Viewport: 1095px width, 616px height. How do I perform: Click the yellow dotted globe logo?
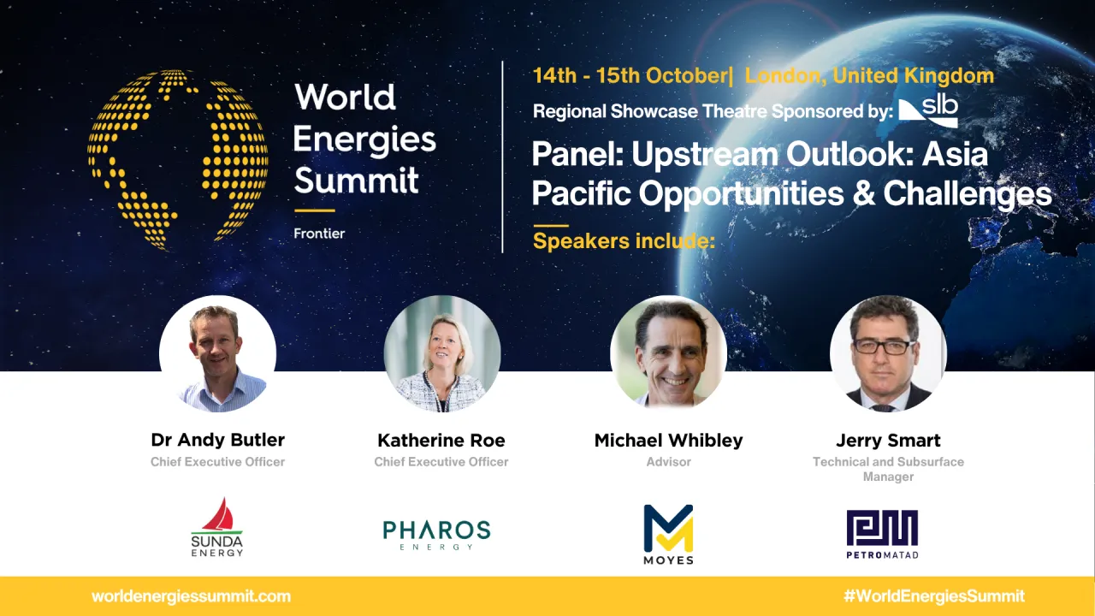(x=177, y=160)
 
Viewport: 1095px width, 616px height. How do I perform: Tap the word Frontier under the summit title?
(x=319, y=233)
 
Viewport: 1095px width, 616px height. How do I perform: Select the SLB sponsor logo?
(x=928, y=110)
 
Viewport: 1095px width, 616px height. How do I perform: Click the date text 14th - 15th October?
(x=629, y=75)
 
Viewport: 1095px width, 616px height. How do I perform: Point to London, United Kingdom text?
(x=869, y=75)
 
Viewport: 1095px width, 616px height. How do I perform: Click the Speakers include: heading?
(x=623, y=241)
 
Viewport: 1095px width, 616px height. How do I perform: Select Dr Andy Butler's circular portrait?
(x=217, y=354)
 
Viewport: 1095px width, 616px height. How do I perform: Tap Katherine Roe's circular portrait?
(x=441, y=354)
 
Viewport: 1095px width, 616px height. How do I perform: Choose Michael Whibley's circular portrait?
(x=668, y=354)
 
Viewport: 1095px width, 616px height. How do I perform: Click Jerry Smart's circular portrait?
(x=888, y=354)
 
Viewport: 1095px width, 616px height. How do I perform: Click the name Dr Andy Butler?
(x=217, y=441)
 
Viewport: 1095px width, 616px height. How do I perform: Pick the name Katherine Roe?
(x=441, y=441)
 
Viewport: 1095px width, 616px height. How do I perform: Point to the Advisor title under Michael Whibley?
(x=668, y=462)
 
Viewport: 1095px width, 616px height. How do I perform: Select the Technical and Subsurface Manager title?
(x=888, y=469)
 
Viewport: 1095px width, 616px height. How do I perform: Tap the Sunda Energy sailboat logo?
(x=217, y=527)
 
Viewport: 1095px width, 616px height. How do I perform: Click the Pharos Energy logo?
(x=437, y=534)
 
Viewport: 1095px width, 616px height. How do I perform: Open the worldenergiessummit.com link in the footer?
(x=191, y=596)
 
